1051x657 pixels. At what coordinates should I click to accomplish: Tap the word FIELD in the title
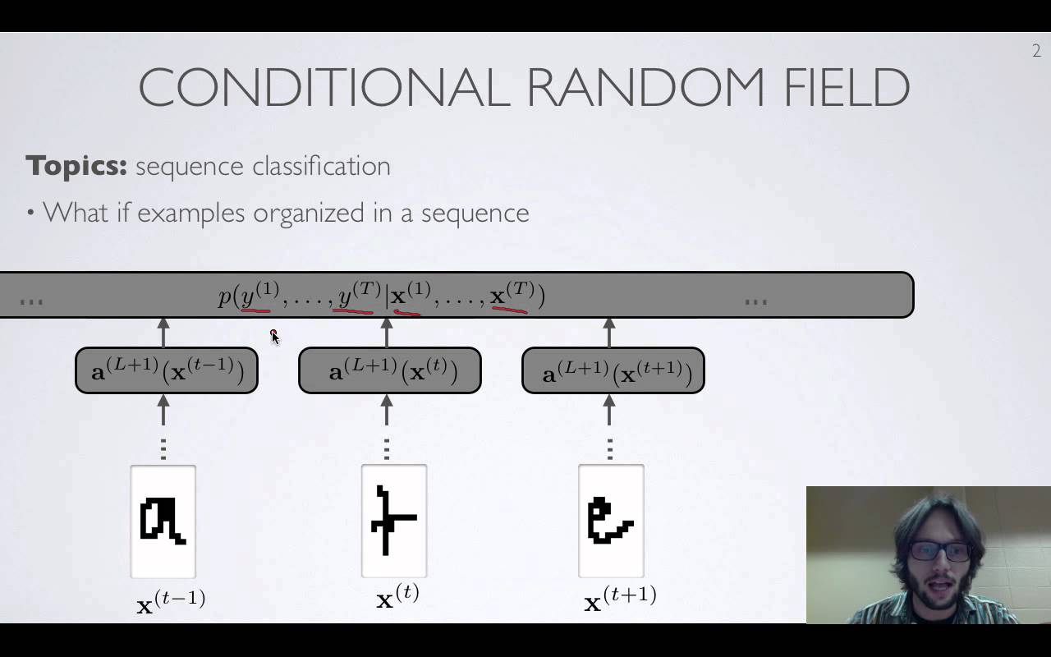coord(847,87)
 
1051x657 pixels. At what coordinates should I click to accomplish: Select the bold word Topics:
coord(76,167)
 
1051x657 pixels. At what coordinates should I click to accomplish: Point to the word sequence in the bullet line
coord(475,214)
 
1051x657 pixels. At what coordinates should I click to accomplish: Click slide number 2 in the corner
coord(1036,51)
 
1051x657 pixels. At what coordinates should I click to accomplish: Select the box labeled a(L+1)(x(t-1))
coord(167,370)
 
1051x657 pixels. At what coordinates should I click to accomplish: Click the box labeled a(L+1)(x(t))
coord(390,370)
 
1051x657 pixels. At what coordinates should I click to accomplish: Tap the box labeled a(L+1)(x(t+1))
coord(613,370)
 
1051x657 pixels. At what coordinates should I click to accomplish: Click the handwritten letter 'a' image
coord(163,521)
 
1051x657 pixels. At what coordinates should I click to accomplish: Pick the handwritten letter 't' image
coord(394,521)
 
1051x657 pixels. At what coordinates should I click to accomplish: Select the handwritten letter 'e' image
coord(612,521)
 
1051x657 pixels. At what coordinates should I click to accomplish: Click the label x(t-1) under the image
coord(171,601)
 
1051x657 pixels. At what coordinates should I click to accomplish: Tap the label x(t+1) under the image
coord(620,599)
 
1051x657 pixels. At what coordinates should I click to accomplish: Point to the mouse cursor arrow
coord(275,337)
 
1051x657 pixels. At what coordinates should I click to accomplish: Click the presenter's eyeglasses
coord(940,551)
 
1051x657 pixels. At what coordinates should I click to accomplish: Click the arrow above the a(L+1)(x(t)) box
coord(386,333)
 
